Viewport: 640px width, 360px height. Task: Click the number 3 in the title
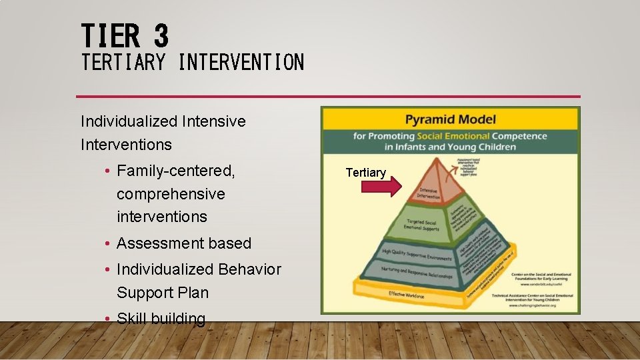[x=160, y=35]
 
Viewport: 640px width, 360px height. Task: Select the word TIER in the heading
[x=111, y=35]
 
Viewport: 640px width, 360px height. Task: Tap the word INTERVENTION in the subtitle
[x=241, y=63]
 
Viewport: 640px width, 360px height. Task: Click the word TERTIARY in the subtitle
[x=123, y=63]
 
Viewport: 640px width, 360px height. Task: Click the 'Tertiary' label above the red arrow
[x=365, y=173]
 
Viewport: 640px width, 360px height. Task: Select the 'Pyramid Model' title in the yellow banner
[x=451, y=120]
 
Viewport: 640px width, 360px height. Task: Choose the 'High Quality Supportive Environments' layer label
[x=417, y=254]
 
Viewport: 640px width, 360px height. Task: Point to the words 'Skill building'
[x=161, y=319]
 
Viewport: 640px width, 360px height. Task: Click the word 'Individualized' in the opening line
[x=128, y=121]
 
